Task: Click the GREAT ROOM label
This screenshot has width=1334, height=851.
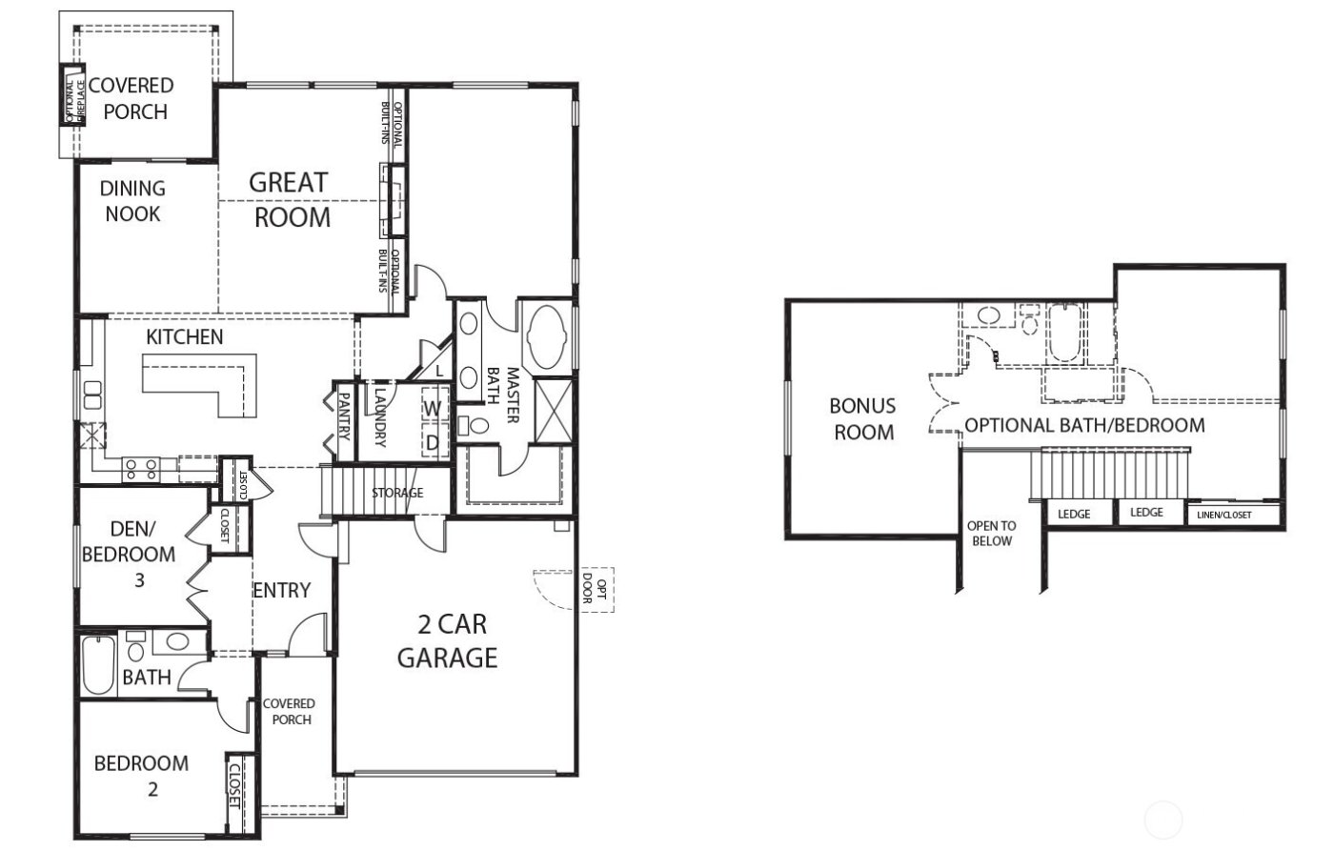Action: pos(290,199)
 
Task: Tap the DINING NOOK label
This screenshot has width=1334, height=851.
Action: pos(132,201)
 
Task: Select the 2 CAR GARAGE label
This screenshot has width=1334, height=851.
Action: pos(447,640)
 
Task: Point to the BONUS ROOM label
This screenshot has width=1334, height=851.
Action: pos(863,419)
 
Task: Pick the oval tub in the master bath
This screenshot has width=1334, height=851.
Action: pos(545,336)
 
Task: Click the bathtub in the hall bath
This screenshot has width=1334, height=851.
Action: pos(98,665)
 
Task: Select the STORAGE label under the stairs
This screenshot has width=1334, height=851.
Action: pos(397,493)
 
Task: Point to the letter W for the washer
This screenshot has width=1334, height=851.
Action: pos(433,409)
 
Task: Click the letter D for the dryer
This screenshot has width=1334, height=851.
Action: pos(433,442)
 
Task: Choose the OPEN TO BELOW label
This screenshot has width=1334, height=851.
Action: pos(991,533)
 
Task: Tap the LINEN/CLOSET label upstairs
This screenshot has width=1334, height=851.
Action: pos(1223,516)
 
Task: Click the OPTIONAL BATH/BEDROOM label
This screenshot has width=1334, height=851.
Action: pos(1084,425)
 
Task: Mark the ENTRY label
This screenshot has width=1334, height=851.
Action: pos(281,591)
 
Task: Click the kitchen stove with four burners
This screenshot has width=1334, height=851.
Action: pos(140,469)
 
